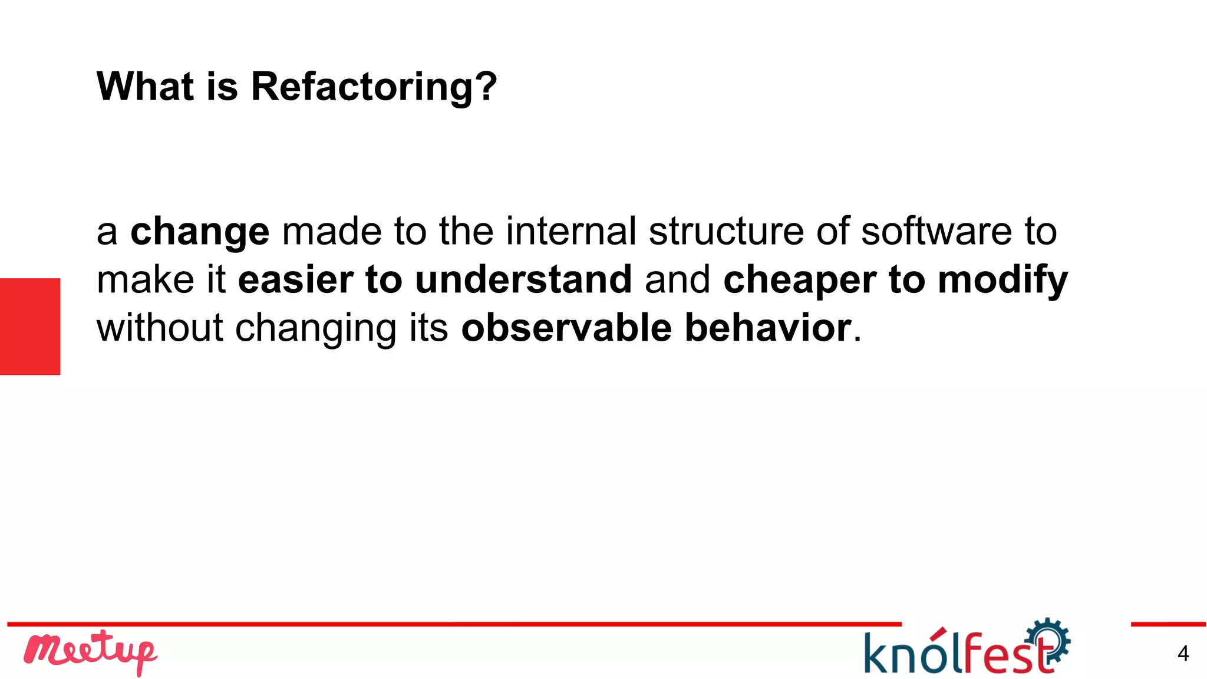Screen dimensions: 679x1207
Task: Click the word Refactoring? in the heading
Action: click(374, 87)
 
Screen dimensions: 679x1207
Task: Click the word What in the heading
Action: click(145, 86)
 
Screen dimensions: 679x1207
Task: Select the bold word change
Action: click(199, 232)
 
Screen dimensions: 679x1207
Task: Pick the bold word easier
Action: click(295, 279)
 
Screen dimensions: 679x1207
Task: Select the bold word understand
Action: click(523, 279)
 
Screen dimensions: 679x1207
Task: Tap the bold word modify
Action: click(1002, 281)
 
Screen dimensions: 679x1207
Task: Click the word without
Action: click(160, 328)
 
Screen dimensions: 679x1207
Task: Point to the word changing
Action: click(315, 329)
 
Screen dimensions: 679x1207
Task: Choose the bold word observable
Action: click(566, 328)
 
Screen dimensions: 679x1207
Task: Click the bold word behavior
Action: click(767, 328)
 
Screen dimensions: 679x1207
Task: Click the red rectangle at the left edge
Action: click(30, 326)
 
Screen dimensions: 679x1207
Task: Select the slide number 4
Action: click(1183, 654)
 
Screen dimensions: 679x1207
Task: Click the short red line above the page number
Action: click(1168, 624)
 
